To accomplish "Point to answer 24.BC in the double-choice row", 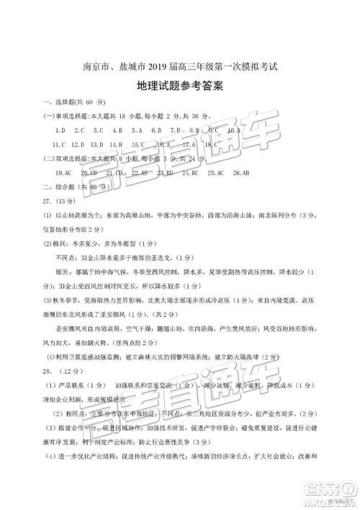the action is pos(190,174).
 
